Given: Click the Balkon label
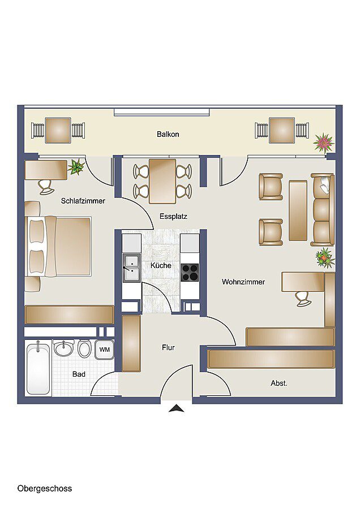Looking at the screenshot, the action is coord(168,134).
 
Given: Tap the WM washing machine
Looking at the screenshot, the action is coord(104,350).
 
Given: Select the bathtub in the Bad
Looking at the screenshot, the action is coord(38,368).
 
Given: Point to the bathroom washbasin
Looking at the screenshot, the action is coord(64,348).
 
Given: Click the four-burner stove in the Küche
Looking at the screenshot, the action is coord(190,272).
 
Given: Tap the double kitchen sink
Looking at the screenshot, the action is coord(131,268).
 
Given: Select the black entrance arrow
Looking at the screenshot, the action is coord(177,408).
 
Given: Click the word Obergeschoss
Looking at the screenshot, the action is coord(45,488).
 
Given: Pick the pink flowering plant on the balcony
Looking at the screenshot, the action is coord(324,143).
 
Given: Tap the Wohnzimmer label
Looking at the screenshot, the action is coord(243,282).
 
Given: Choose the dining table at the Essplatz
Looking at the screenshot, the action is coord(162,181).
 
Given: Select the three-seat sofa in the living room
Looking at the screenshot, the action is coord(322,210).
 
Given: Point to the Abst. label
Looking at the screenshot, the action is coord(279,383).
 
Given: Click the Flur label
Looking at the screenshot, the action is coord(168,347).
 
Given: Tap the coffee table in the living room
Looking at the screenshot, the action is coord(298,211).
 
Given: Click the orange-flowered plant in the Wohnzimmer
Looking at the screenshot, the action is coord(325,257).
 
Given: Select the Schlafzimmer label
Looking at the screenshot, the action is coord(83,201).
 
